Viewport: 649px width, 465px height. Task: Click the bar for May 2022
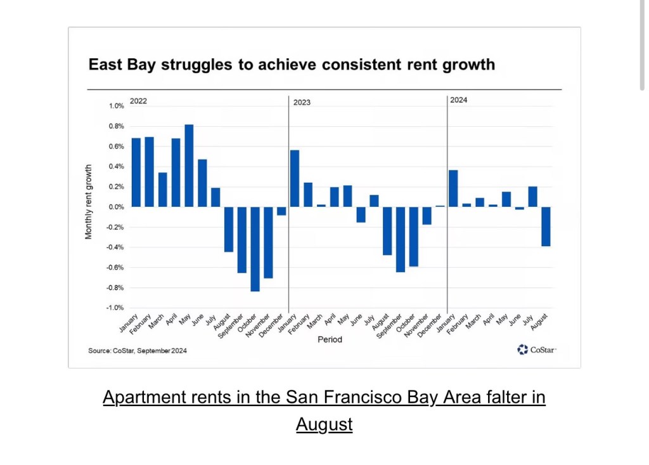(189, 166)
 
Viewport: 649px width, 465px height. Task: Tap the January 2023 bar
(295, 178)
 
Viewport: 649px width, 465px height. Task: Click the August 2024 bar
(546, 226)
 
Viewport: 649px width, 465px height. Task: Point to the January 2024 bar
(453, 188)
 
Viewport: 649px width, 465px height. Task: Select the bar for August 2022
(228, 229)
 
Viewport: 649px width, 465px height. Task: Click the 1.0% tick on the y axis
(115, 106)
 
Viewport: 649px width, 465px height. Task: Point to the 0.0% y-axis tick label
(115, 207)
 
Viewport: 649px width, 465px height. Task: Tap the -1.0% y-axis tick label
(114, 308)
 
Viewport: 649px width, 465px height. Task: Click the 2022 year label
(138, 100)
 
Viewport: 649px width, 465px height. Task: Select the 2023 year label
(302, 102)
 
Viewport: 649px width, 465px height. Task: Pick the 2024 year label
(458, 100)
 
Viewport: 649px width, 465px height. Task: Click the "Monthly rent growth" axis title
(89, 202)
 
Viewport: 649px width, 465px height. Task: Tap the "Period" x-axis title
(330, 339)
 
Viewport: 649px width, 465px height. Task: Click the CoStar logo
(536, 350)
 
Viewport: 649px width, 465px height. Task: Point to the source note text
(138, 351)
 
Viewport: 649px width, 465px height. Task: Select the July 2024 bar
(532, 197)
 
